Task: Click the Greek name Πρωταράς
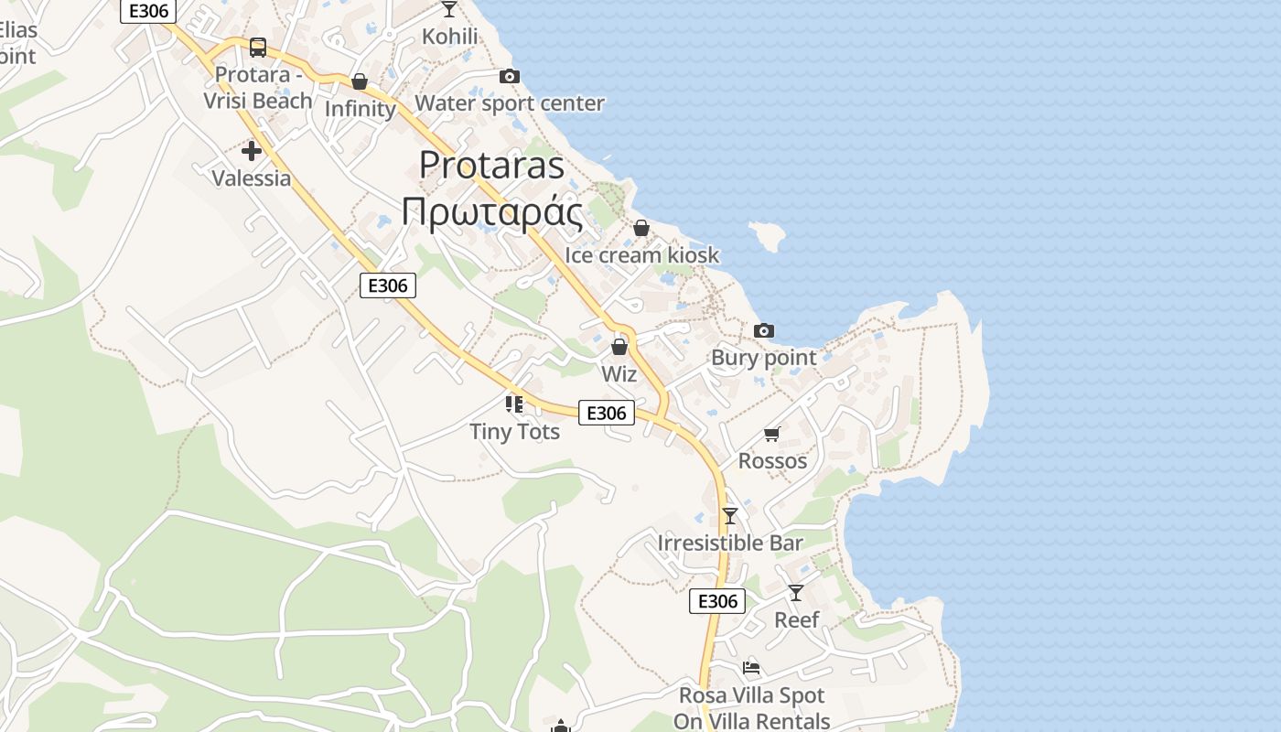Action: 491,212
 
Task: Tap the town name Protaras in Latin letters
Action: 491,165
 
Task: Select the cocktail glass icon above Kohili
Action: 448,9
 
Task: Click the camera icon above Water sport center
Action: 509,76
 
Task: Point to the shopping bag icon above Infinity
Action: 360,82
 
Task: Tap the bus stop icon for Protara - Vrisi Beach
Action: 258,47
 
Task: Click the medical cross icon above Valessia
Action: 252,151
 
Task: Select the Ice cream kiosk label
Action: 641,255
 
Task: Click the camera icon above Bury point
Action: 763,330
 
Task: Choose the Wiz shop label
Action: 619,373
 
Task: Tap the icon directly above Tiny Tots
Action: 514,404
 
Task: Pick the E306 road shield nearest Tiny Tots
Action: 606,413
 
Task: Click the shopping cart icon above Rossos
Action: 772,434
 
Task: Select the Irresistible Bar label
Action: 730,543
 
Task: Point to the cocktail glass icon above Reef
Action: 796,593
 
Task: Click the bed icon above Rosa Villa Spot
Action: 751,667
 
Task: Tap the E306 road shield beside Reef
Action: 716,601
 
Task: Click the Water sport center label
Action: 510,103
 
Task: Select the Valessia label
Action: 252,178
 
